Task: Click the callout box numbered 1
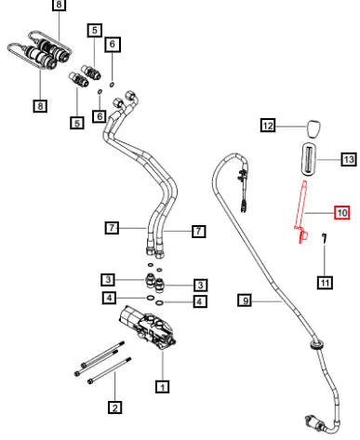coord(162,386)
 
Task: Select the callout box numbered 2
coord(114,407)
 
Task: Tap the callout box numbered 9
coord(246,300)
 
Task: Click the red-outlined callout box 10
coord(341,213)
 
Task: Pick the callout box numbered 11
coord(325,283)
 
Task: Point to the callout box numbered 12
coord(268,126)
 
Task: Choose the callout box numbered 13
coord(349,159)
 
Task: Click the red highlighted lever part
coord(300,211)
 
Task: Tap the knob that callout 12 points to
coord(313,129)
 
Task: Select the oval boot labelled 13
coord(309,160)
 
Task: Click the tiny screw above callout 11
coord(325,237)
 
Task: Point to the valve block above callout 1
coord(147,328)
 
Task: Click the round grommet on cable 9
coord(317,344)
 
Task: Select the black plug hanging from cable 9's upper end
coord(244,206)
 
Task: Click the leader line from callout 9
coord(267,300)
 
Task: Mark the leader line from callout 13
coord(329,160)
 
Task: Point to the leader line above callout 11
coord(325,260)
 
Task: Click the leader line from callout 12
coord(291,127)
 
